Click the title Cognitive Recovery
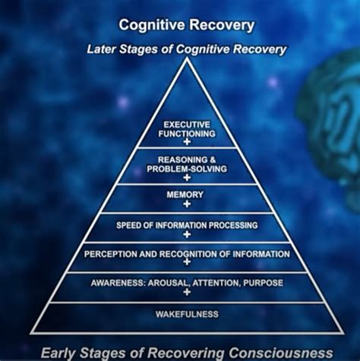point(185,26)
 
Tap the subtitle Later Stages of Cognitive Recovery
point(186,49)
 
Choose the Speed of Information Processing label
point(186,225)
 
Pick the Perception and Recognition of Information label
point(186,254)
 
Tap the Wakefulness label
point(186,314)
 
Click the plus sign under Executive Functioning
point(186,142)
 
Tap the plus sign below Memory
point(186,204)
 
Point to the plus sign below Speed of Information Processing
point(186,235)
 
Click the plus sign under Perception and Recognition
point(186,264)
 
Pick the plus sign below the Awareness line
point(186,293)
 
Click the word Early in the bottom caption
point(58,352)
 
